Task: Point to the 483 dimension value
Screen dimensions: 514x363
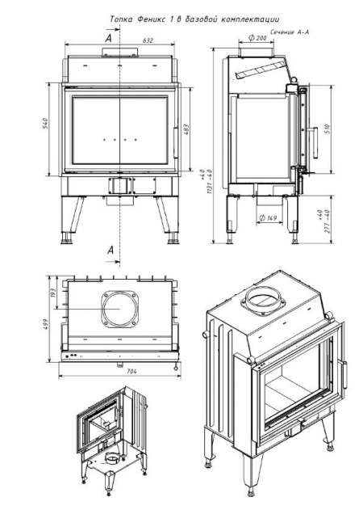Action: point(186,129)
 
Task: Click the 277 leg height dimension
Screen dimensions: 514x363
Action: point(327,220)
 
